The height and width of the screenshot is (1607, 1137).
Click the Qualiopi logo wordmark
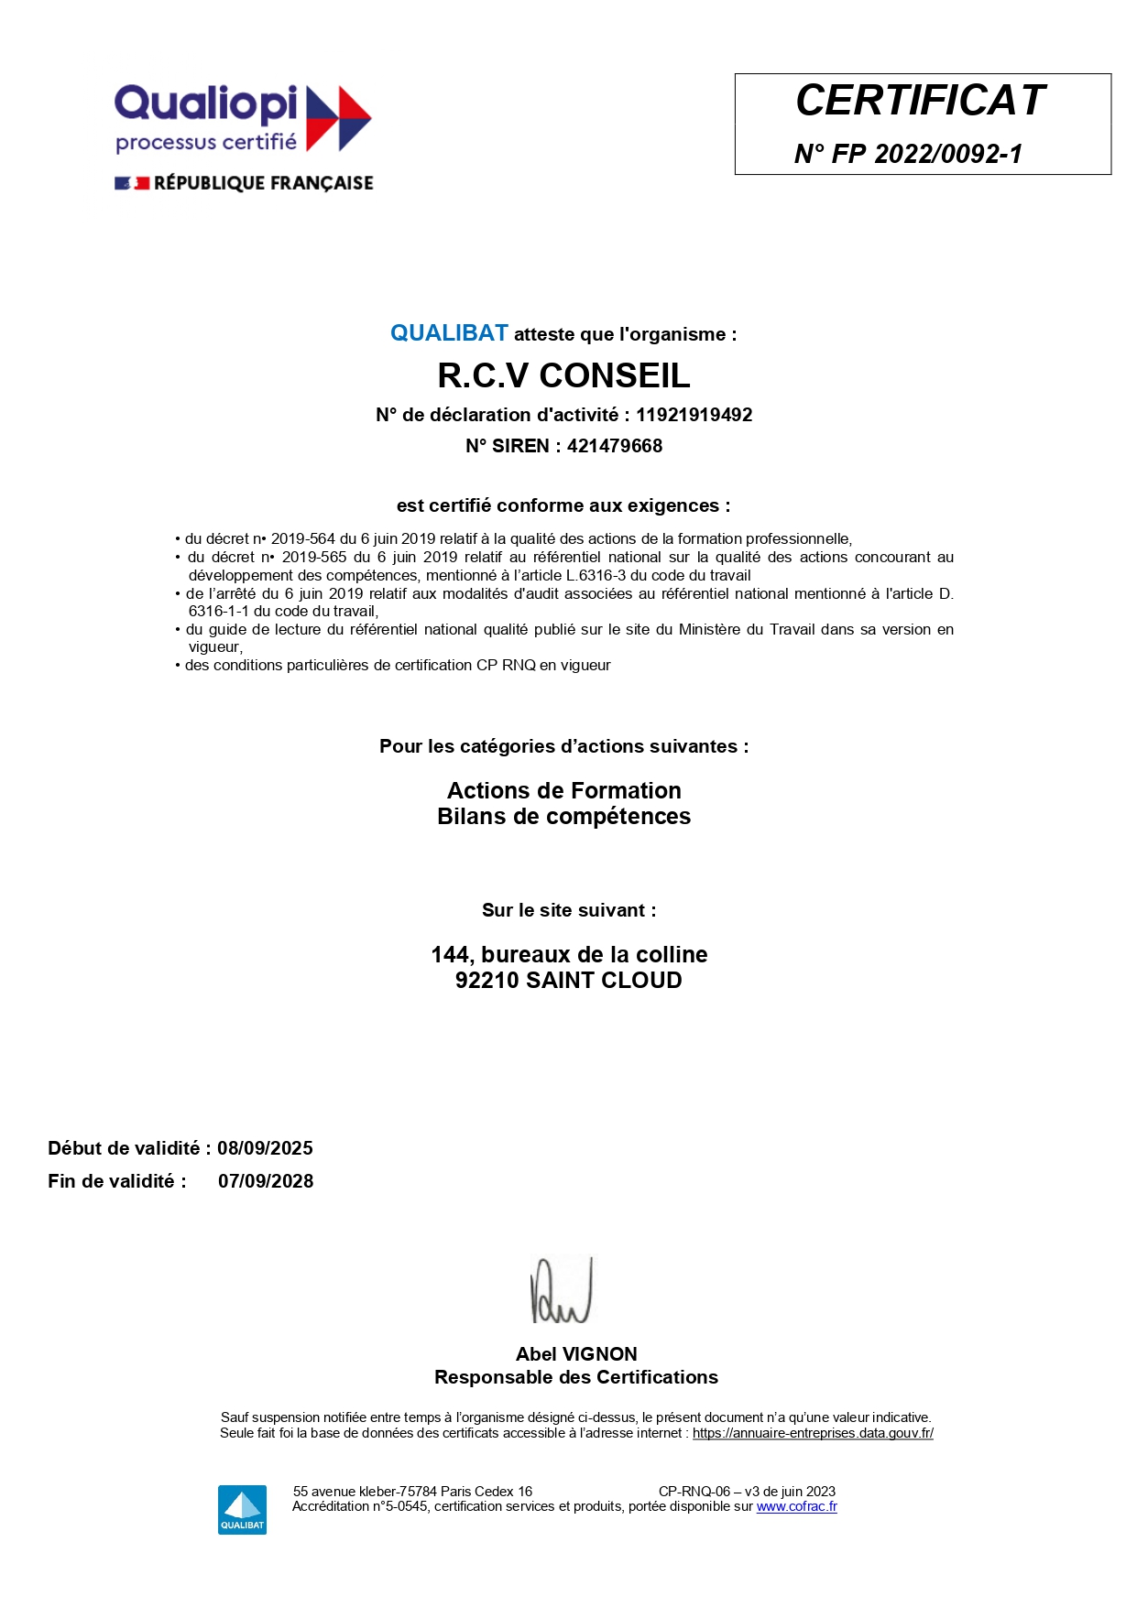[205, 104]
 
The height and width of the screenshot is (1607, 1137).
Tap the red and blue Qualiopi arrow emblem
[337, 118]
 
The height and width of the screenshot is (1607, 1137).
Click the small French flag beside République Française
[132, 183]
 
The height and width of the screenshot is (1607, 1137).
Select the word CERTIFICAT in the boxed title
[920, 101]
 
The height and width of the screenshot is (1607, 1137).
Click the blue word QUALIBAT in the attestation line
[449, 333]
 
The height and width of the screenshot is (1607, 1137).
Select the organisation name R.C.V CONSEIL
[563, 375]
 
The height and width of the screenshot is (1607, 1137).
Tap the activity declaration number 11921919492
[694, 415]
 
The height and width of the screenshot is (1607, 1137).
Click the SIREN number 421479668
[614, 446]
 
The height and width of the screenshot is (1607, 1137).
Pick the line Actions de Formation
[563, 790]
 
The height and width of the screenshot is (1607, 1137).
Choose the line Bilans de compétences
[563, 816]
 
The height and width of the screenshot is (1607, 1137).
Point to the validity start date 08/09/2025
[265, 1148]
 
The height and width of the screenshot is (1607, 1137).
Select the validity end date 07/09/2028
[266, 1181]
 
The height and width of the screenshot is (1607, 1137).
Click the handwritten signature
[561, 1291]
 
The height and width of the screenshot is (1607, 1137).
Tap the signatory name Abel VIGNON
[576, 1353]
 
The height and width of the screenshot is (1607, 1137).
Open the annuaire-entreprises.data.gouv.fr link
[813, 1433]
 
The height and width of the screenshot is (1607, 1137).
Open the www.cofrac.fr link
[796, 1506]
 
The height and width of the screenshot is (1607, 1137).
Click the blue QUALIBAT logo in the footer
[242, 1509]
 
